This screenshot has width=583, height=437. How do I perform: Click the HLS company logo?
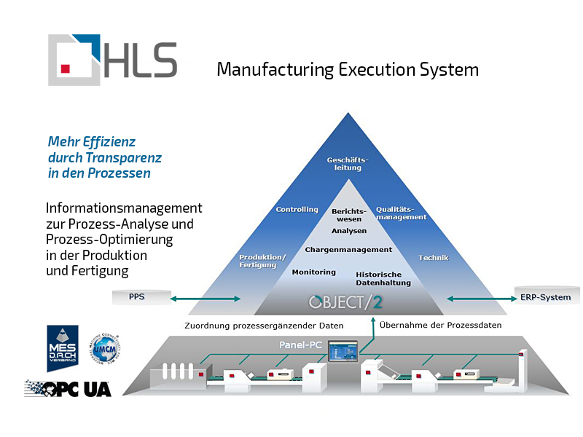[112, 60]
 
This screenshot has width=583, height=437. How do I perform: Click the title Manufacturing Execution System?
[348, 69]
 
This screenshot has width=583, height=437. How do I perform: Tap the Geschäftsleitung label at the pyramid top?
[348, 162]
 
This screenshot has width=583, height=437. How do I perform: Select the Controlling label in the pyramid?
[297, 210]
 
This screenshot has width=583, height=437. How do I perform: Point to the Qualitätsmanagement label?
[401, 213]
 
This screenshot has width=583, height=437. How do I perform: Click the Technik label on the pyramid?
[433, 258]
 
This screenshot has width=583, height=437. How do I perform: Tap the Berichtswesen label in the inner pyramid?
[348, 214]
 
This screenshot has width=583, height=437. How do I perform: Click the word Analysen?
[349, 231]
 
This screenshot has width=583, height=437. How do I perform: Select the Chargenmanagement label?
[348, 250]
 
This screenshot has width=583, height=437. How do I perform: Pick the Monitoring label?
[313, 272]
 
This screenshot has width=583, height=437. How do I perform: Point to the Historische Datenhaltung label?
[383, 278]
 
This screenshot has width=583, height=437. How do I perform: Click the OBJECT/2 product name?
[346, 302]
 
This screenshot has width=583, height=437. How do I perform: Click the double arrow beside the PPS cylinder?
[206, 298]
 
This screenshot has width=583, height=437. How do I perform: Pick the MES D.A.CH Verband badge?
[63, 349]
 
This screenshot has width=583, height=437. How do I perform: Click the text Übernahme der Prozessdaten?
[440, 325]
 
